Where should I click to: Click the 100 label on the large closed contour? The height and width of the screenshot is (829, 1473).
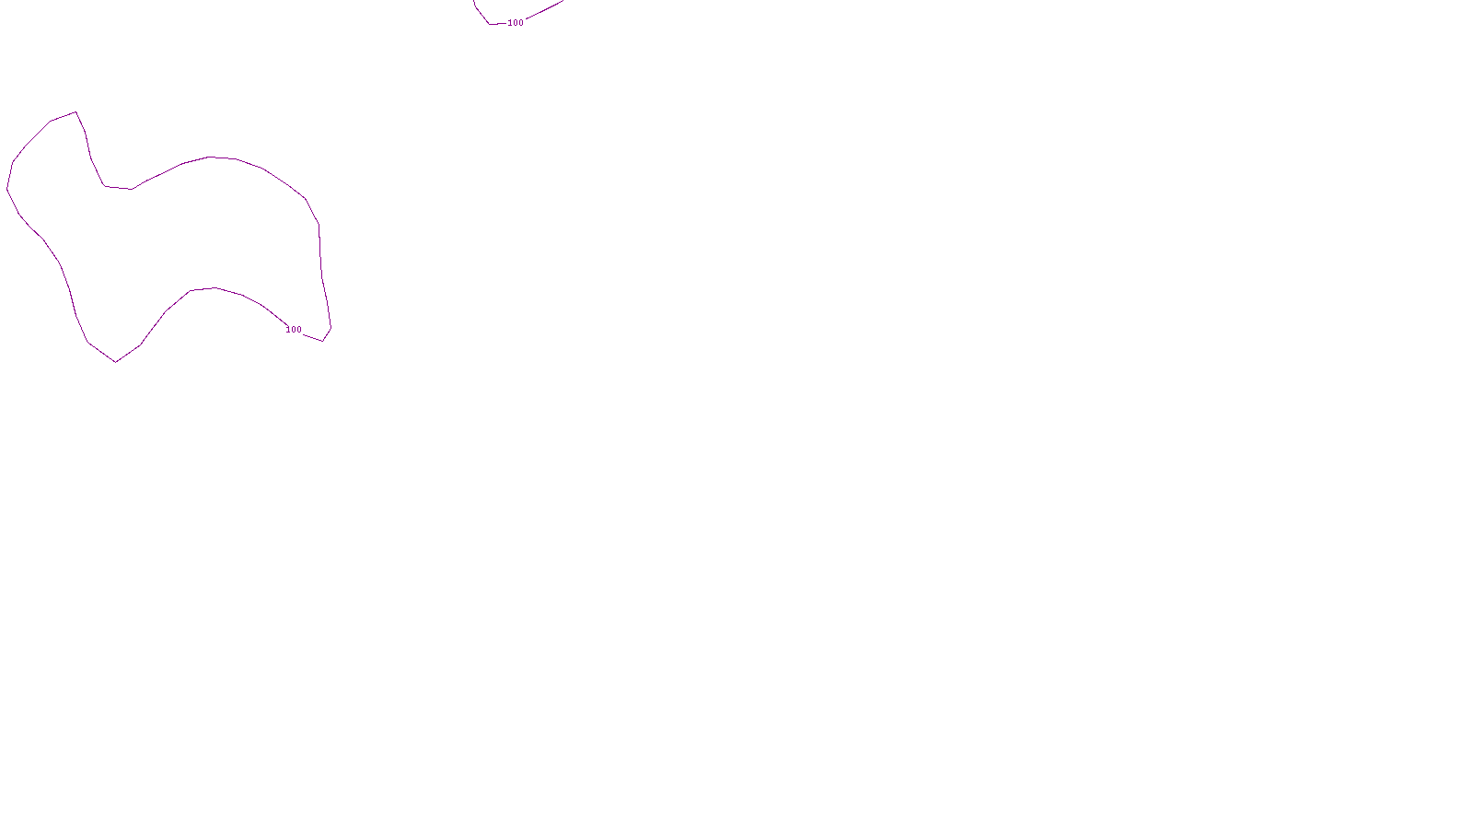(x=294, y=330)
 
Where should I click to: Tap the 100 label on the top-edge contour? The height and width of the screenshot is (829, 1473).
(x=516, y=23)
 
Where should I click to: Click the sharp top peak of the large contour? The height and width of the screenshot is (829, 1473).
(x=75, y=112)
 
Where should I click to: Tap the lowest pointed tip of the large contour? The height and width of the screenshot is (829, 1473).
(x=116, y=362)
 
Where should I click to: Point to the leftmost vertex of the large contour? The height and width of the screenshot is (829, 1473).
(x=7, y=189)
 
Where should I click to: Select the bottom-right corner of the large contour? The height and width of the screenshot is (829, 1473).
(x=323, y=341)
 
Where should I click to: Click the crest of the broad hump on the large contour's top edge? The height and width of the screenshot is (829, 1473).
(x=210, y=157)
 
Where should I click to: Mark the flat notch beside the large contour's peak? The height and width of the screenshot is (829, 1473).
(x=118, y=188)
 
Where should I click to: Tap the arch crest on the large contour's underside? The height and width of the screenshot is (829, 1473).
(x=215, y=288)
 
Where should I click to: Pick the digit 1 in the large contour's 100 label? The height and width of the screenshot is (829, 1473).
(x=288, y=330)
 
